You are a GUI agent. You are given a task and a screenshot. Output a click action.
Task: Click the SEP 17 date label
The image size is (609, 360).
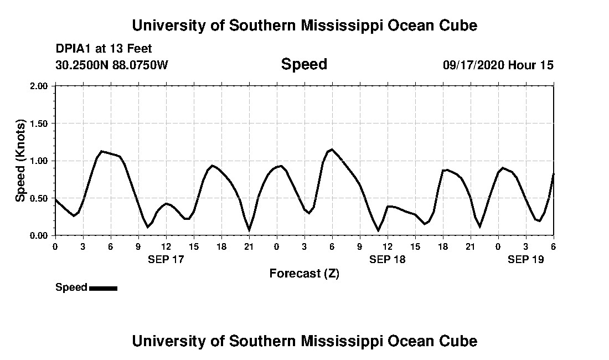166,259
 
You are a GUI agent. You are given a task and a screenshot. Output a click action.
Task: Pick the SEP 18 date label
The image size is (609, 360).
388,259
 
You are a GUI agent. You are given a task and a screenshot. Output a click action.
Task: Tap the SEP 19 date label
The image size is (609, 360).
526,259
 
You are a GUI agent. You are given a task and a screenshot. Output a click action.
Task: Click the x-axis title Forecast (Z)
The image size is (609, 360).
304,274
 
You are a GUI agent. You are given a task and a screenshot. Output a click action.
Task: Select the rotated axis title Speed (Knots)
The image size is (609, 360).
20,161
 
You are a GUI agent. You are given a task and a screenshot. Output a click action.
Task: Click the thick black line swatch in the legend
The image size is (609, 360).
103,288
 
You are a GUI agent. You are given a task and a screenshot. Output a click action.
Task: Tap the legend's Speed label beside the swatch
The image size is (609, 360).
71,287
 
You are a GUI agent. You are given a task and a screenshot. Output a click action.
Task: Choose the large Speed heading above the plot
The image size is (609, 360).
304,64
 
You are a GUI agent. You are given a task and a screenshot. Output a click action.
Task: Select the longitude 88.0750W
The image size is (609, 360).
141,65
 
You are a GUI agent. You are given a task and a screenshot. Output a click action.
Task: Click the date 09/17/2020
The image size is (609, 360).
473,65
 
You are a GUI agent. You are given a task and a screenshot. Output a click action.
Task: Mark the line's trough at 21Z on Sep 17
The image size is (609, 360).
249,229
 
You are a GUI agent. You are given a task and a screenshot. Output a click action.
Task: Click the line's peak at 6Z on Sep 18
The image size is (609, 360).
332,150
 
